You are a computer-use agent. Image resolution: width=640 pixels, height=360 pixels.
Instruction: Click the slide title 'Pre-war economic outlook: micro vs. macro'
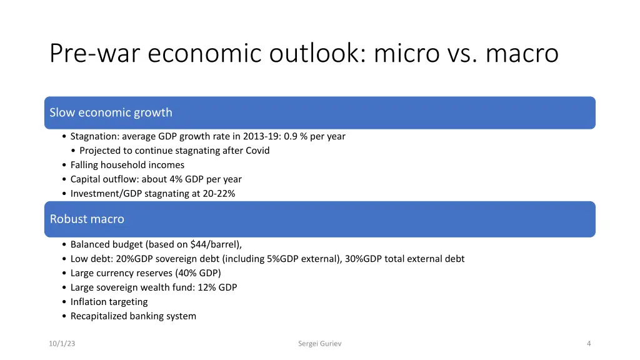click(x=304, y=53)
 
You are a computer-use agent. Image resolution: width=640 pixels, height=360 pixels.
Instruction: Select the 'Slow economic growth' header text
click(x=111, y=112)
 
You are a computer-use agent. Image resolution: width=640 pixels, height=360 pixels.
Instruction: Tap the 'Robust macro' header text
click(x=87, y=219)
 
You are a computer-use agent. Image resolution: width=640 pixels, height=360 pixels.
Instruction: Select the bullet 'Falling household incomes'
click(x=127, y=165)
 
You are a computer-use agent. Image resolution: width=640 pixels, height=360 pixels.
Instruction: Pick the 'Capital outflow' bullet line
click(x=156, y=179)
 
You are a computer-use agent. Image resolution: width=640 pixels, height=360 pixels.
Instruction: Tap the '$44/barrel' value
click(x=214, y=244)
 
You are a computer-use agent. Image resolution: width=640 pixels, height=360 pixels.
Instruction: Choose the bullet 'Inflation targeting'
click(x=109, y=302)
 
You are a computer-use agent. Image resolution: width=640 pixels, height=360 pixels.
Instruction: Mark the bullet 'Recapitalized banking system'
click(x=133, y=316)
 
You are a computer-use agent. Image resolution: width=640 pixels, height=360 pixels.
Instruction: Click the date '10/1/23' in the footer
click(x=62, y=343)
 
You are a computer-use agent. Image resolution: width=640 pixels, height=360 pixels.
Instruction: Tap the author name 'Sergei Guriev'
click(x=319, y=343)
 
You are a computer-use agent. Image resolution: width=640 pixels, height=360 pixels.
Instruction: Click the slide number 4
click(x=589, y=343)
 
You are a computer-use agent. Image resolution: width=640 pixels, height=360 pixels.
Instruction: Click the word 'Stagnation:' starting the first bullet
click(x=95, y=136)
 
